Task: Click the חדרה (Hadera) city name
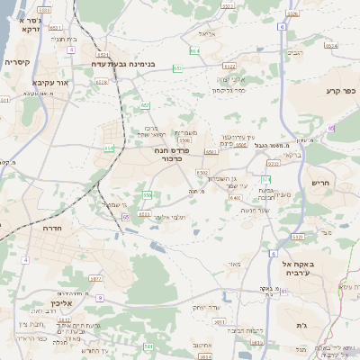click(44, 229)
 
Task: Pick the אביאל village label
click(207, 34)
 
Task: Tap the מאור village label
click(235, 264)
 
